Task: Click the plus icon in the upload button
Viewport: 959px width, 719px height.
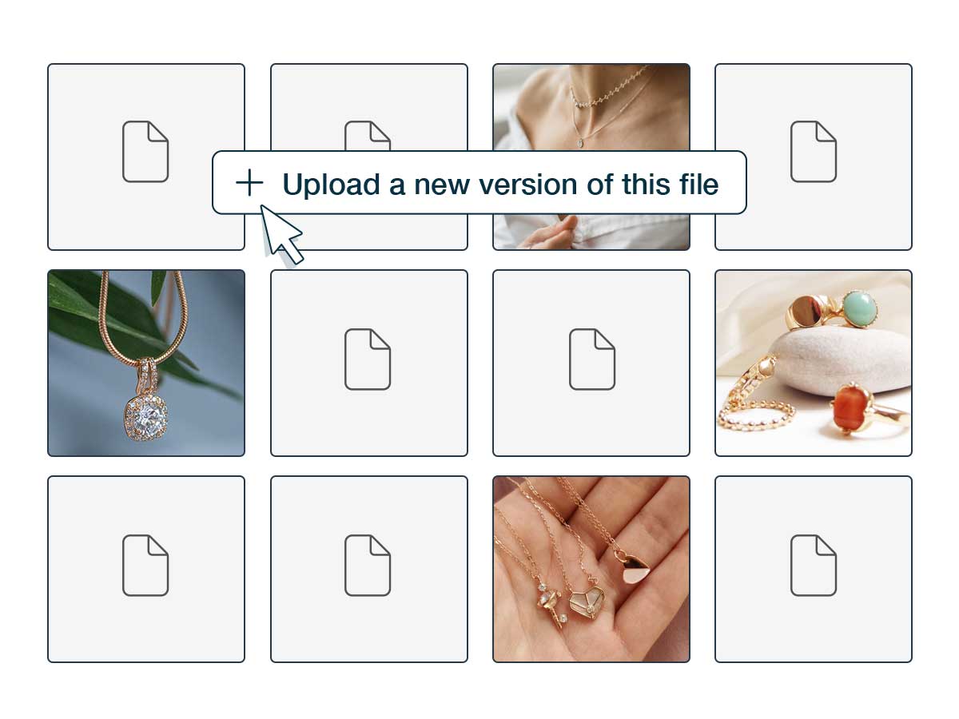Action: point(249,182)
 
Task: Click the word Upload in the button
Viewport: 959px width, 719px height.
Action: point(332,185)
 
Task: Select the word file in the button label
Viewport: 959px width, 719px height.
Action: point(698,184)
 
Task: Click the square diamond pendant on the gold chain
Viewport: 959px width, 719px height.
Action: point(145,416)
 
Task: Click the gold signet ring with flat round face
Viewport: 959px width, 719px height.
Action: point(806,312)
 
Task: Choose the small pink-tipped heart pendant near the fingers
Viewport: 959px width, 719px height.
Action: point(634,568)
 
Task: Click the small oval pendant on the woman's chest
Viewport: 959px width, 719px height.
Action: point(579,143)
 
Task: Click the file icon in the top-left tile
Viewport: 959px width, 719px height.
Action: point(145,152)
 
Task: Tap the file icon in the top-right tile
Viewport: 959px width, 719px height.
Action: point(814,152)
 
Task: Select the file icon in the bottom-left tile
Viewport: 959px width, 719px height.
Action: point(145,566)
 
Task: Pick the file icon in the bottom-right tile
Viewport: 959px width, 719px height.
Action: point(814,566)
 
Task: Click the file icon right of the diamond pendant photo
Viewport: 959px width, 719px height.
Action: point(368,359)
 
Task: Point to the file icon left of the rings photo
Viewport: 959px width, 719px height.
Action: point(592,359)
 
